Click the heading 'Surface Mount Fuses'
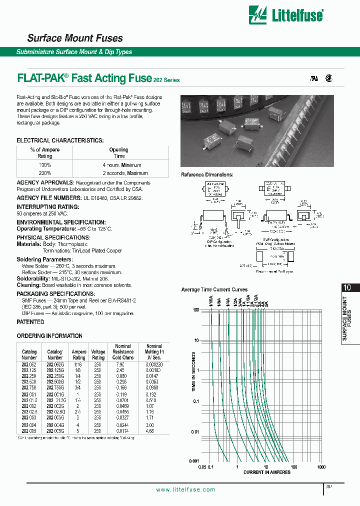[x=74, y=38]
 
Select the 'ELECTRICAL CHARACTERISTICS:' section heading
[x=60, y=140]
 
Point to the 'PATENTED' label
[x=30, y=322]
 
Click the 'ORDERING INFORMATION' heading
[x=49, y=336]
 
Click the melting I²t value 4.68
[x=154, y=430]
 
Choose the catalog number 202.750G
[x=55, y=387]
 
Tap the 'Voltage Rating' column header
[x=98, y=354]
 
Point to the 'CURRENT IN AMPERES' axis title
[x=266, y=472]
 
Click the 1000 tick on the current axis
[x=321, y=466]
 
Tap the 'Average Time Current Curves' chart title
[x=214, y=289]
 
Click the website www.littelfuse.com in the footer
[x=185, y=489]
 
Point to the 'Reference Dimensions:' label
[x=207, y=174]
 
